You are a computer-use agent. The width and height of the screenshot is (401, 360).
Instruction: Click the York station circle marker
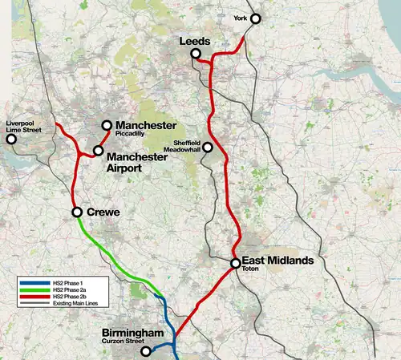(x=256, y=18)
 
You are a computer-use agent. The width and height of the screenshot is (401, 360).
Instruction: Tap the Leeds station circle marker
(x=195, y=54)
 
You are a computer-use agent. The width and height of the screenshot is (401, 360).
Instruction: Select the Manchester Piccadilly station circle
(x=106, y=125)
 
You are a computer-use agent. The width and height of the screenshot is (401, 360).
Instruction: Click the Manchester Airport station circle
(x=98, y=150)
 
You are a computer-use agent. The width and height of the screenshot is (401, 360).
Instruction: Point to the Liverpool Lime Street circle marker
(x=11, y=139)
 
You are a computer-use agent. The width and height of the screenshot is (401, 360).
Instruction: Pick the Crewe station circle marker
(x=77, y=212)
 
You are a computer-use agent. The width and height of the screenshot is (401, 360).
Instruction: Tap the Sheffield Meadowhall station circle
(x=207, y=147)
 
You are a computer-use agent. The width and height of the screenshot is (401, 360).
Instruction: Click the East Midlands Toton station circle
(x=235, y=263)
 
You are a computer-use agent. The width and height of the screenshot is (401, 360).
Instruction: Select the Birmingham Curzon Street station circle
(x=145, y=351)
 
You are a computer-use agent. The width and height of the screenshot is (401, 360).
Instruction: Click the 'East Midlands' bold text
(x=277, y=261)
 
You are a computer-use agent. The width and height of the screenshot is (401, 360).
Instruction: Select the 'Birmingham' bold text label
(x=133, y=333)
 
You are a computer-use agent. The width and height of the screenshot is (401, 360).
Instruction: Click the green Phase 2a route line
(x=104, y=253)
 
